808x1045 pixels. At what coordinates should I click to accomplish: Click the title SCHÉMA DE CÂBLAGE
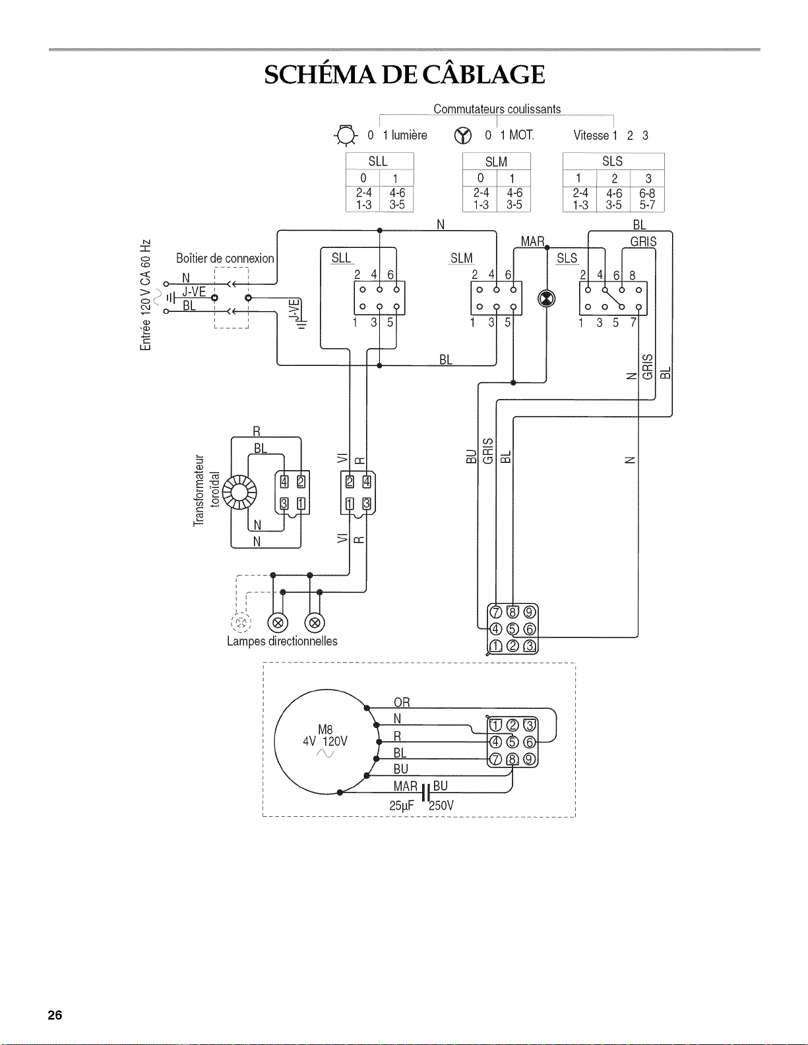coord(404,75)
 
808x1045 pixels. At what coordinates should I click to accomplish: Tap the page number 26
coord(55,1015)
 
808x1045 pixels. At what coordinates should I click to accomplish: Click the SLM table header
coord(496,162)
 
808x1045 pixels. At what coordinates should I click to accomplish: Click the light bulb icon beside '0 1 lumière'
coord(346,136)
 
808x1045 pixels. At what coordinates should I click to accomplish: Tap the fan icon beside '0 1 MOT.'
coord(462,136)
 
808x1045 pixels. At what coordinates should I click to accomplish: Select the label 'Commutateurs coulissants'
coord(497,109)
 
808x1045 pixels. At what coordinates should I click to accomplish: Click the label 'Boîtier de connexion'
coord(225,258)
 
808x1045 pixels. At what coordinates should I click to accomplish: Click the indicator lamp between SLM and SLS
coord(546,299)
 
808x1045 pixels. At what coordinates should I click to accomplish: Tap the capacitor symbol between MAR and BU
coord(425,793)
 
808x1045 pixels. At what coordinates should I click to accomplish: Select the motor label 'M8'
coord(325,730)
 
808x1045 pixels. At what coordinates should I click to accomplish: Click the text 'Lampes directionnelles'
coord(282,641)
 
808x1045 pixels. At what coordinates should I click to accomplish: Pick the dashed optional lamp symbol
coord(241,623)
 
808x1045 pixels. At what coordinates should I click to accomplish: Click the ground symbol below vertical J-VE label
coord(302,326)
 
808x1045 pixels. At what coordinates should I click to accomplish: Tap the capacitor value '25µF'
coord(402,806)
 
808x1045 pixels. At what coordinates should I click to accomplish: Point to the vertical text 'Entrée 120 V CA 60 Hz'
coord(145,295)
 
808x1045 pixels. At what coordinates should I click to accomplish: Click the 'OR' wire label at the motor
coord(402,702)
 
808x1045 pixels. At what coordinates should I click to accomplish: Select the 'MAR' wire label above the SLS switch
coord(532,241)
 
